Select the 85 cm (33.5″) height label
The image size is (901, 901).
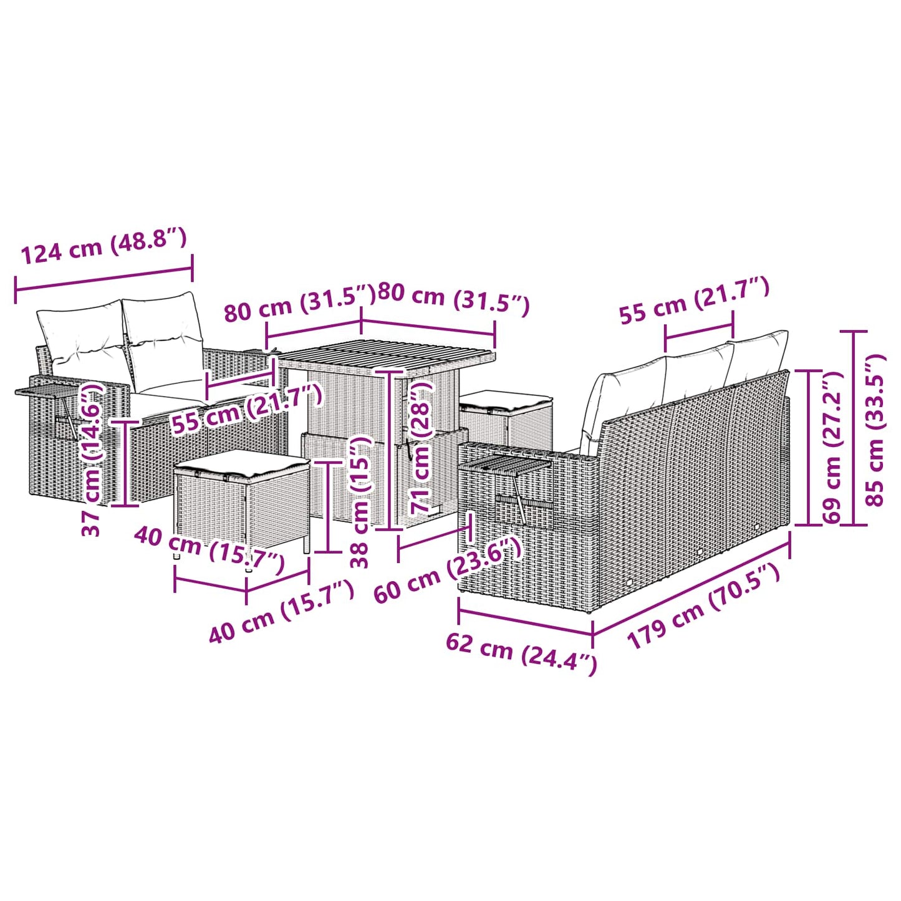pyautogui.click(x=875, y=430)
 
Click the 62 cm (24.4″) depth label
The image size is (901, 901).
pyautogui.click(x=521, y=652)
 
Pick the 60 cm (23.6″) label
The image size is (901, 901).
pyautogui.click(x=446, y=569)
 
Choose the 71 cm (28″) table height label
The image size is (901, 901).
pyautogui.click(x=421, y=446)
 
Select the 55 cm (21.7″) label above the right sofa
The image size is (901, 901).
pyautogui.click(x=694, y=301)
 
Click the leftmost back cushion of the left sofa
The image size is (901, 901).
pyautogui.click(x=81, y=334)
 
